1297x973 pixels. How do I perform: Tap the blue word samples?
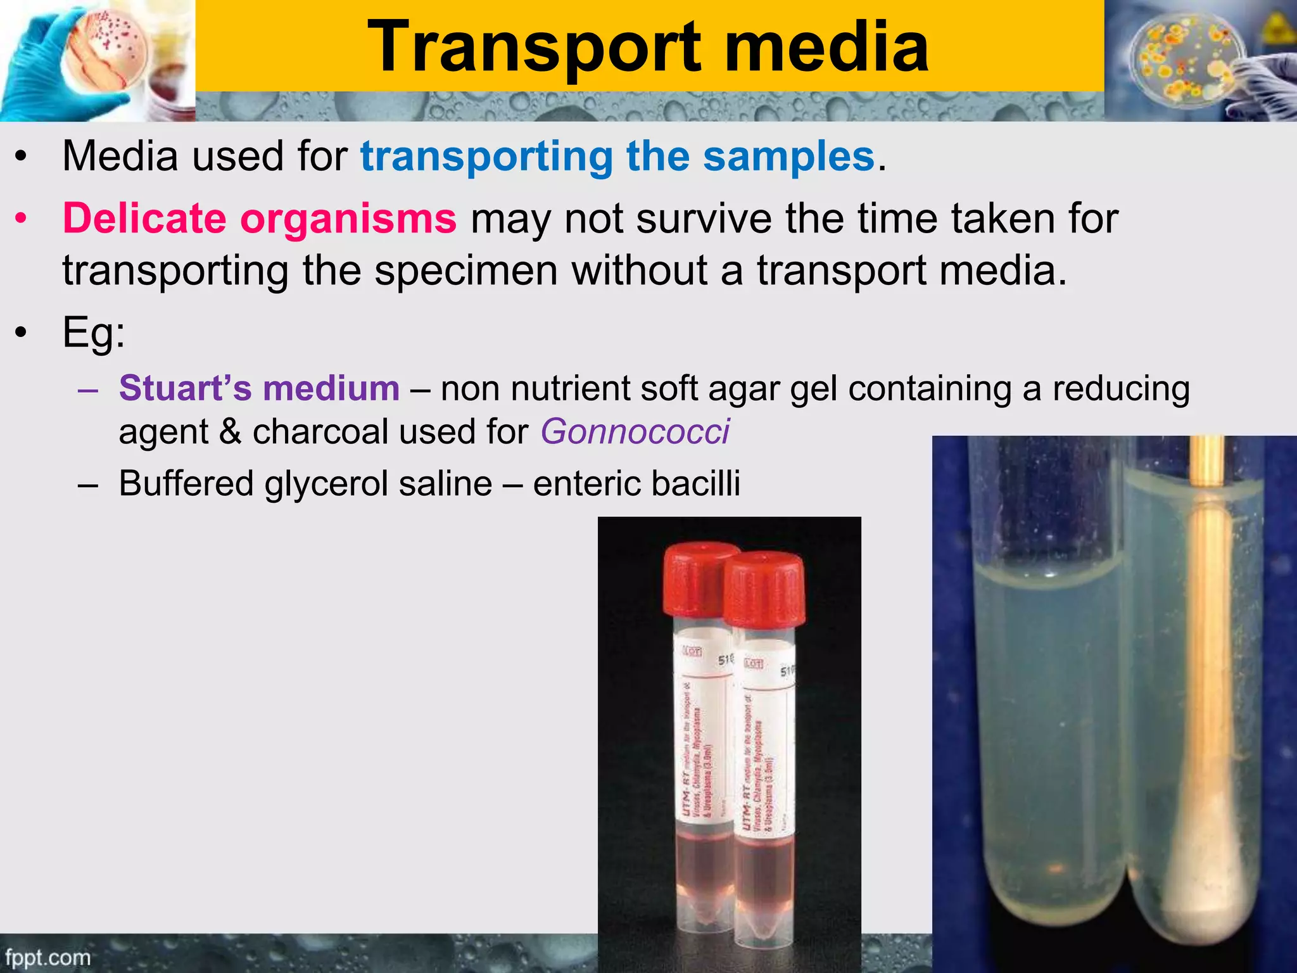[788, 156]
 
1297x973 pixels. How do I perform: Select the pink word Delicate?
[144, 219]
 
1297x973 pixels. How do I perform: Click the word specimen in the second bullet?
[465, 271]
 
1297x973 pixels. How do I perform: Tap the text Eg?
[94, 333]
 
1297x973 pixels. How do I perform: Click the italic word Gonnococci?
[635, 432]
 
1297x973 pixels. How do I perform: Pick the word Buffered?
[186, 483]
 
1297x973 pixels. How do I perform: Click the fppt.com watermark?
[47, 957]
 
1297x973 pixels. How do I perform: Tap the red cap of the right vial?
[764, 589]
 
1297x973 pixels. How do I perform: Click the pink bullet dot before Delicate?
[22, 219]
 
